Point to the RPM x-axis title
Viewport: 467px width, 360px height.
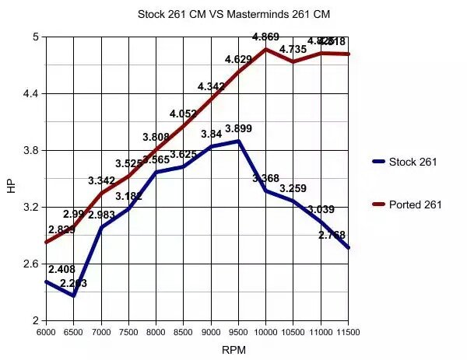[x=233, y=350]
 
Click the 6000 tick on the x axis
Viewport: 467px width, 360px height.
[x=47, y=331]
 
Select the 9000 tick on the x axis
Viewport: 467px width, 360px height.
[x=211, y=331]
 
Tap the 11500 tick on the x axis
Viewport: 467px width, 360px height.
[x=348, y=331]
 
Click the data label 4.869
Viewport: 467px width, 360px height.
[x=265, y=37]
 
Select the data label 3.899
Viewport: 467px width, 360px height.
[x=238, y=128]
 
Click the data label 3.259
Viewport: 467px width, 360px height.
[x=293, y=188]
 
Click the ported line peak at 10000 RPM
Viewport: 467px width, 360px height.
[x=265, y=49]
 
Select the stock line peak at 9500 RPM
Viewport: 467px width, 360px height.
[x=238, y=141]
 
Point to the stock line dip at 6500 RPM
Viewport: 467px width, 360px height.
[x=74, y=295]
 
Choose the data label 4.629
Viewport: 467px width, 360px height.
[x=238, y=59]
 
